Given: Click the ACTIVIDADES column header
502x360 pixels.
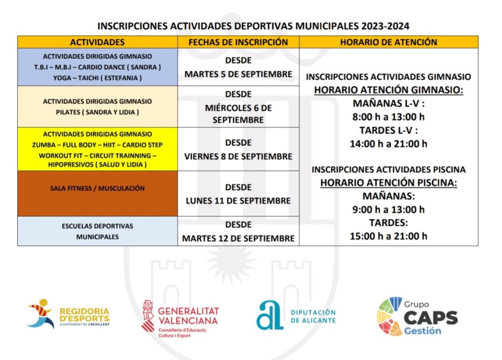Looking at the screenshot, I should coord(97,42).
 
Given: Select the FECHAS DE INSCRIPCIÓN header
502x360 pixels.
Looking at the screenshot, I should coord(238,42).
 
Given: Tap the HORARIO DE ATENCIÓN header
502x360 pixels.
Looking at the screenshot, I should coord(388,42).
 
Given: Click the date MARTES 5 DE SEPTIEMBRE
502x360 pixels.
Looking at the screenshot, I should coord(238,75).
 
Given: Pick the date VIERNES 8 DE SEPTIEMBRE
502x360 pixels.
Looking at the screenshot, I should coord(238,156).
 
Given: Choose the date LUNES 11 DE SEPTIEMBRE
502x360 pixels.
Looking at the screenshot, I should coord(238,201).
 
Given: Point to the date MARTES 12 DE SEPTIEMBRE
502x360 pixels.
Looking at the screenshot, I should coord(238,238).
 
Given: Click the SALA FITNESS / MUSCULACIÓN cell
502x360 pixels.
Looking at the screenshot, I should coord(97,188).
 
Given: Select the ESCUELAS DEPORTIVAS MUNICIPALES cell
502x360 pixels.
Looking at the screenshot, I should coord(97,231).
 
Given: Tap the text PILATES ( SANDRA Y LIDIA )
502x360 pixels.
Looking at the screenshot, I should coord(97,112).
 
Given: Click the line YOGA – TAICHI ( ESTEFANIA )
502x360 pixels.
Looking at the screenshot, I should coord(97,78).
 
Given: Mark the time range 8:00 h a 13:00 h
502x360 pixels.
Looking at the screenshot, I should coord(388,117).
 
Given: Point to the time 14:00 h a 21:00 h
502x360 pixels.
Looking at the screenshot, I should coord(388,144).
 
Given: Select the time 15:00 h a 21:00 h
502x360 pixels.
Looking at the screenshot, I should coord(388,236).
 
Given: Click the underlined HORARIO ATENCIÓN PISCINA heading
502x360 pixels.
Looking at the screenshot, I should coord(388,183).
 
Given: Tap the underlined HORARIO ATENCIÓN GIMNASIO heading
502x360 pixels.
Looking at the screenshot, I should coord(388,90).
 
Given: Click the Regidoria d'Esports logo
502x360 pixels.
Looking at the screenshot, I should coord(68,314).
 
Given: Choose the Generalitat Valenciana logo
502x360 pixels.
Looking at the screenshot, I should coord(180,318).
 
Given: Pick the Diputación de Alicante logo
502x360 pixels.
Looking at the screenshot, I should coord(296,315).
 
